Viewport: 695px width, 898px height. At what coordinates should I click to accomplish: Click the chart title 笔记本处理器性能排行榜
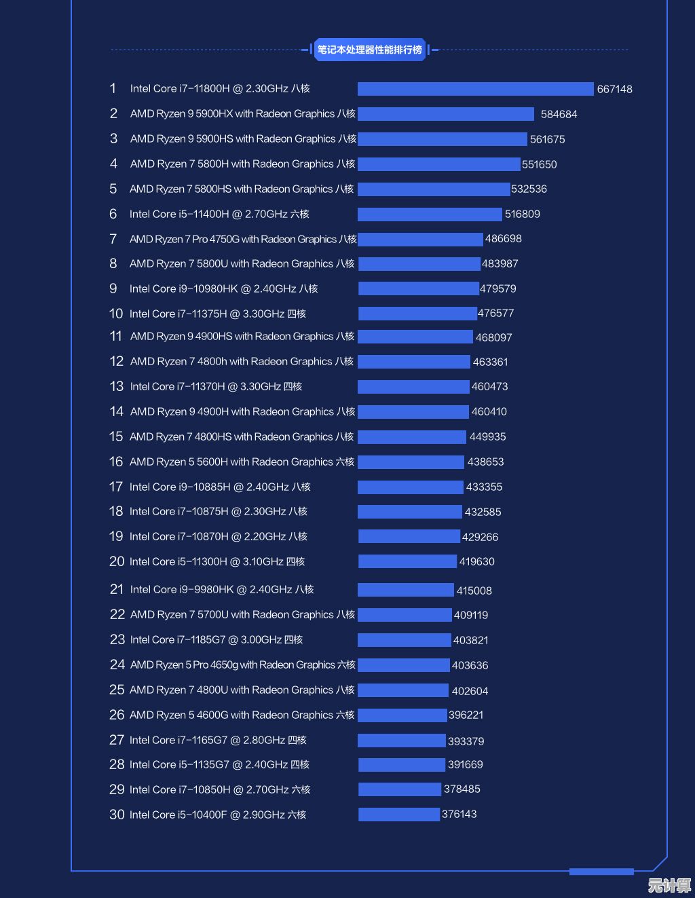370,50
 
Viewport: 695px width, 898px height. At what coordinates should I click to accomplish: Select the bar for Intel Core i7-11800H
475,89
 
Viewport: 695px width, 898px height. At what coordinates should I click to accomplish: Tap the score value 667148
614,89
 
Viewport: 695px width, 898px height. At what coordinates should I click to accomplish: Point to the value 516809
522,214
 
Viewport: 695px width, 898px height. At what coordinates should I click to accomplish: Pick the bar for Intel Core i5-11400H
430,214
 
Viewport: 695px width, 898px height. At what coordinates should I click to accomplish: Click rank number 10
116,314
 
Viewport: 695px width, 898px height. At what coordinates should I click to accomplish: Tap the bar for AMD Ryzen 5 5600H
411,462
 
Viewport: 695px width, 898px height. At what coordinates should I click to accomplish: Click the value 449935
487,437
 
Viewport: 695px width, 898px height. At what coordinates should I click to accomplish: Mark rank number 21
116,589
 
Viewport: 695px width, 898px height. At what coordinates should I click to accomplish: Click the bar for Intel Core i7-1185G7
404,640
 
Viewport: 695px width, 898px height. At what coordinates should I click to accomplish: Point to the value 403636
470,665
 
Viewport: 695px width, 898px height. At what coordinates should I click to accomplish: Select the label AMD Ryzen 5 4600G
242,715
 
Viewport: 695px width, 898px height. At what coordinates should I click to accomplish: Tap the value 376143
459,814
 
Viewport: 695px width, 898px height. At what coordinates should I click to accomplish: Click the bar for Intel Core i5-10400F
398,815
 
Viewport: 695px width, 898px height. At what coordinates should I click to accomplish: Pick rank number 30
117,815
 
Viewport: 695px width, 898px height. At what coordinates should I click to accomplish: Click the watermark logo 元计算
669,885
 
